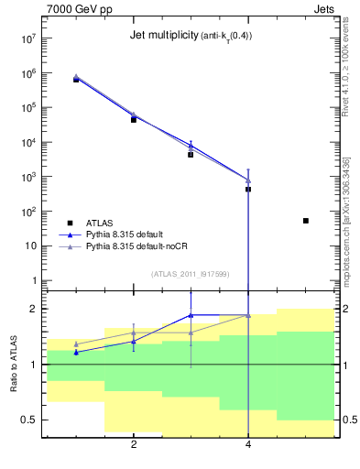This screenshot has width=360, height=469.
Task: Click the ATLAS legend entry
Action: pyautogui.click(x=101, y=223)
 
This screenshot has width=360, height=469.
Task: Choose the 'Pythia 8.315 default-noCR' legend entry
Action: pyautogui.click(x=136, y=246)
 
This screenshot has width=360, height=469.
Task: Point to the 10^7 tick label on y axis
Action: pyautogui.click(x=27, y=39)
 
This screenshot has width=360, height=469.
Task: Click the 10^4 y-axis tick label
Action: pyautogui.click(x=27, y=143)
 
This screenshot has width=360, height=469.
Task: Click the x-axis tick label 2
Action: pyautogui.click(x=134, y=445)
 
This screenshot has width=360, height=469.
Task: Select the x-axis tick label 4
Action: pyautogui.click(x=248, y=445)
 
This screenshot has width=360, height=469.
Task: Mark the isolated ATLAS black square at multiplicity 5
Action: pyautogui.click(x=306, y=221)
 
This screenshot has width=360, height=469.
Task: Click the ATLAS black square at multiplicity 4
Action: pyautogui.click(x=248, y=190)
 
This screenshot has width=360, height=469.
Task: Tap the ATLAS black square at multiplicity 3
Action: pyautogui.click(x=191, y=155)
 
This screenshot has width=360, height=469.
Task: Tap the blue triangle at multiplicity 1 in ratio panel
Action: pyautogui.click(x=76, y=352)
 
